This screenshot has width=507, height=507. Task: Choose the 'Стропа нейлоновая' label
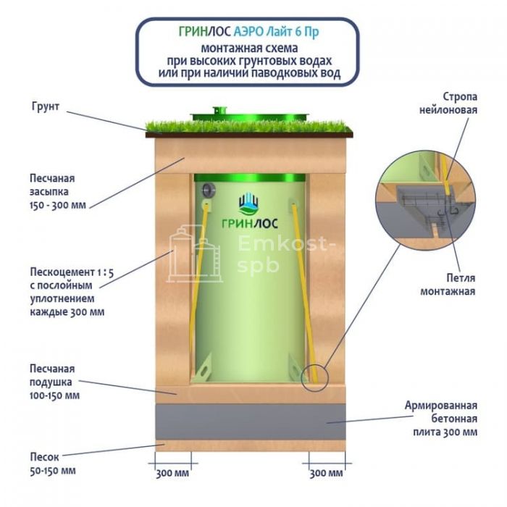449,102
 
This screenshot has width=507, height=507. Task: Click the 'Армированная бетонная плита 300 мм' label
440,418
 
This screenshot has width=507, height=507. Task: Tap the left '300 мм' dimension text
172,474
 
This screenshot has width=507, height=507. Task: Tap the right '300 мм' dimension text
326,474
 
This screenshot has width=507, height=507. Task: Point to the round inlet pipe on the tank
209,190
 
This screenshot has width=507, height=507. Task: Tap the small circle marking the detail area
315,377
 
